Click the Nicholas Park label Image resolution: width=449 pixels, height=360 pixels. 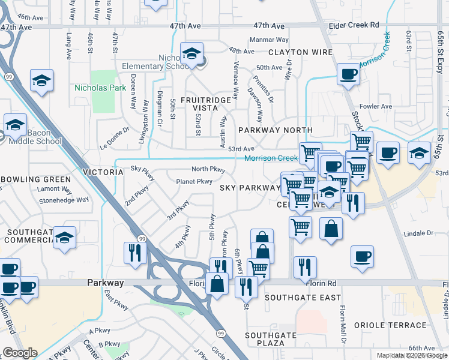[100, 88]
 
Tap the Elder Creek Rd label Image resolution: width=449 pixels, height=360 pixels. [354, 25]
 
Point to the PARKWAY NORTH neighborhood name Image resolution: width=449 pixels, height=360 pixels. [276, 130]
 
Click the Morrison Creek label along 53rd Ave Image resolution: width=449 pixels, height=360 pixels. [271, 158]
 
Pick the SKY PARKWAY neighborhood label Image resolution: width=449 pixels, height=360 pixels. [250, 188]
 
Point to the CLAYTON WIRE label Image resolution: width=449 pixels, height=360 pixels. [300, 52]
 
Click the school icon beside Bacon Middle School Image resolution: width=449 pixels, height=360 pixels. [15, 125]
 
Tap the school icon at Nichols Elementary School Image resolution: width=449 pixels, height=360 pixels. [192, 55]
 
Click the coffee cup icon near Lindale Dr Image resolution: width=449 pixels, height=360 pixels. [362, 257]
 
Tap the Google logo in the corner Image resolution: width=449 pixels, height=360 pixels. [19, 353]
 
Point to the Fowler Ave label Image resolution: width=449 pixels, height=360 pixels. [376, 106]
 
